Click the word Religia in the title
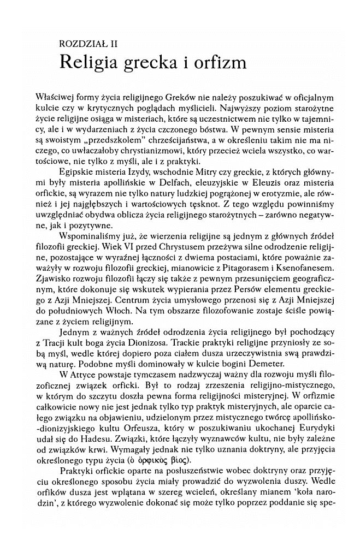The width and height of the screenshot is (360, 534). pyautogui.click(x=92, y=61)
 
